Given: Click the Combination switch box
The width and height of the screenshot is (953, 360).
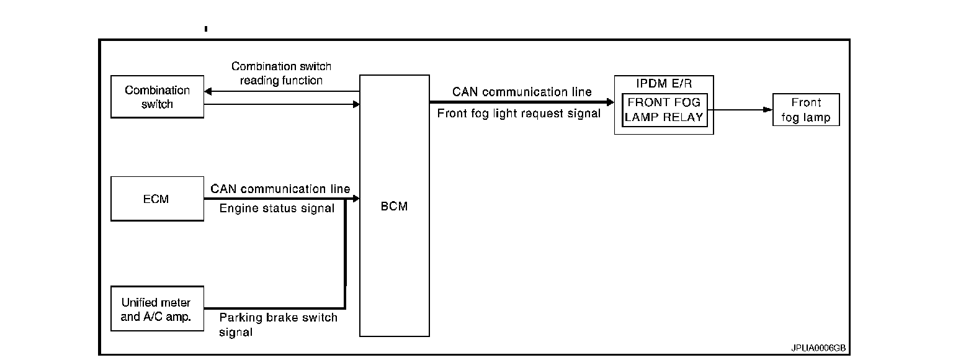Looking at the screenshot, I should pos(157,97).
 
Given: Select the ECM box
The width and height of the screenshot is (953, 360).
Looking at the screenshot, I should pos(157,199).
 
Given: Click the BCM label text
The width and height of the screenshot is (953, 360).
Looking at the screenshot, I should pos(394,207).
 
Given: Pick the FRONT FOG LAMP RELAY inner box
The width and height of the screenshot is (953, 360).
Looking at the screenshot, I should pos(664,110).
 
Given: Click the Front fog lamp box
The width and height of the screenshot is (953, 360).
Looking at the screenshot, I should pos(805,110).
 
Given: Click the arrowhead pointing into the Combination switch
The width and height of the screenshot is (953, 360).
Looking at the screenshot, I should pos(208,92).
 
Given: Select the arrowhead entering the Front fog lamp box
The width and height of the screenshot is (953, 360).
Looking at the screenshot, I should pos(767,110).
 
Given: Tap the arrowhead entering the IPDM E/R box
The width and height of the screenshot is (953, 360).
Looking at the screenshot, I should pos(610,102).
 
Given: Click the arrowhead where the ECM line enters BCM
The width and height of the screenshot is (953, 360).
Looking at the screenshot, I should pos(356,199).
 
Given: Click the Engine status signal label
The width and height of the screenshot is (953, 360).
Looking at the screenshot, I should pos(277,209).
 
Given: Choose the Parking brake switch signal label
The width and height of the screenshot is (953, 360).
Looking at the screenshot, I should pos(278,325).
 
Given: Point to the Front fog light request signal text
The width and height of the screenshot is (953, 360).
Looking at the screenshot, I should pos(519,114).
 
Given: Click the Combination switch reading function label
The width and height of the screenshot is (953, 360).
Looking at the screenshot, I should pos(281,73).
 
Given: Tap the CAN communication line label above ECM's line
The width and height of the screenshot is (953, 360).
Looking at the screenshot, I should pos(280,189).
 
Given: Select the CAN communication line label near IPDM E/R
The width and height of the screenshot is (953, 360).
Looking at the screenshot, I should pos(522,92).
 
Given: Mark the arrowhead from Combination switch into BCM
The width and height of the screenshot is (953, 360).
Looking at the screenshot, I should pos(356,104).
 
